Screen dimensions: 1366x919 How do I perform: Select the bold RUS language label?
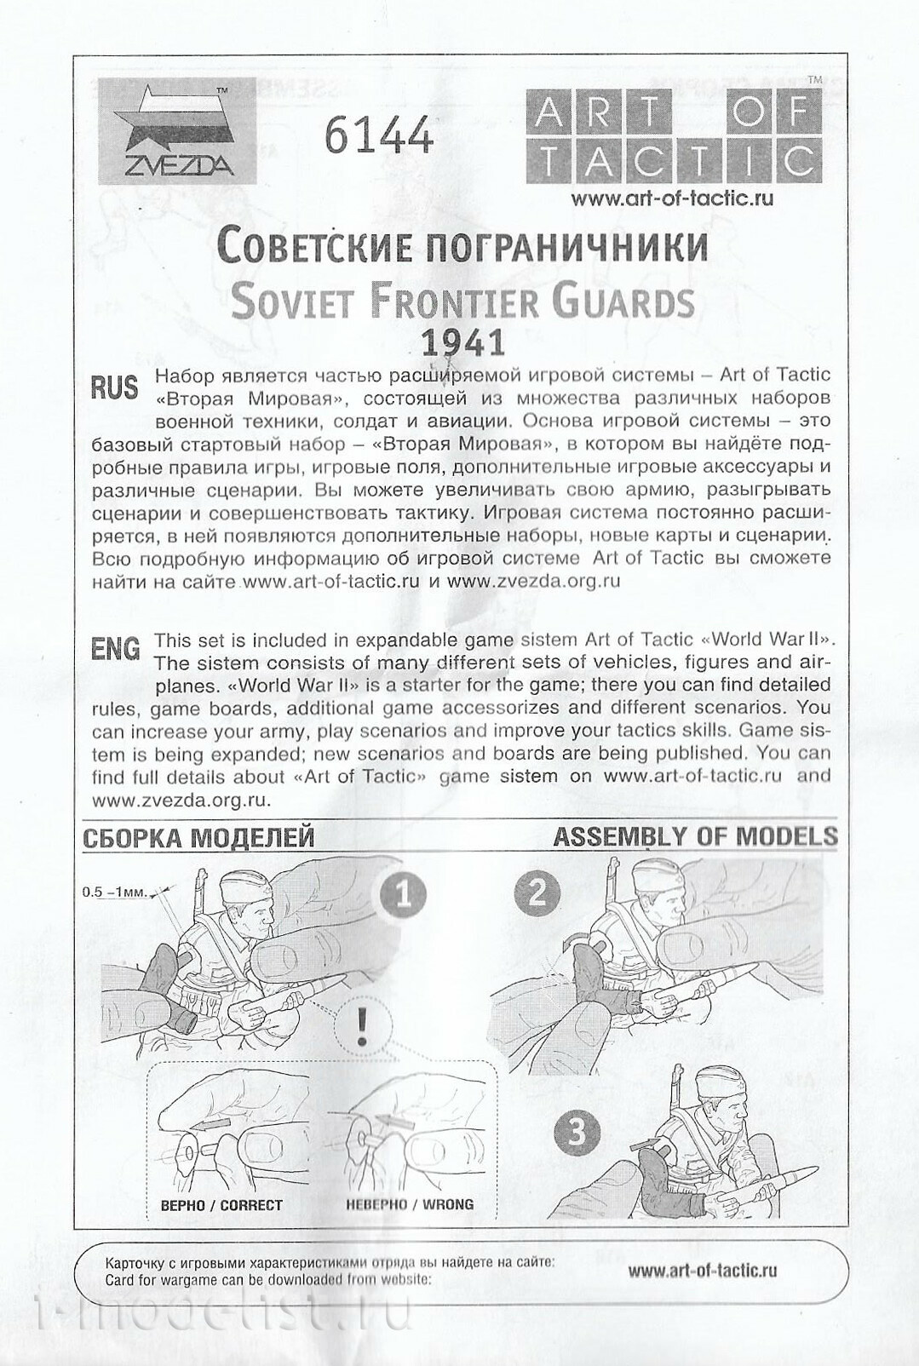pos(114,388)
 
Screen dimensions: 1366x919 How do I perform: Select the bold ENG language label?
pos(115,650)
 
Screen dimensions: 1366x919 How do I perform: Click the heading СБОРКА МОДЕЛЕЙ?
pos(199,838)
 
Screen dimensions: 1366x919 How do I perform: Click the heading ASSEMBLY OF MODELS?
pos(695,836)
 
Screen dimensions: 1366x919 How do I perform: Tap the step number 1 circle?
pos(405,896)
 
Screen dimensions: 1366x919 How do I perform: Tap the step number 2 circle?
pos(537,893)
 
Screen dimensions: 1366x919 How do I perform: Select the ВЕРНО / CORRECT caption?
pos(221,1205)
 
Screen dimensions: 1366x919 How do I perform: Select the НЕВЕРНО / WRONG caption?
pos(410,1205)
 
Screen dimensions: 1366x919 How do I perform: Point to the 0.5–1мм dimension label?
pos(115,893)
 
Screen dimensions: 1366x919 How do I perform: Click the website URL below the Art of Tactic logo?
pos(672,198)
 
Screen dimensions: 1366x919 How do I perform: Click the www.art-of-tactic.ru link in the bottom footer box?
pos(703,1271)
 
